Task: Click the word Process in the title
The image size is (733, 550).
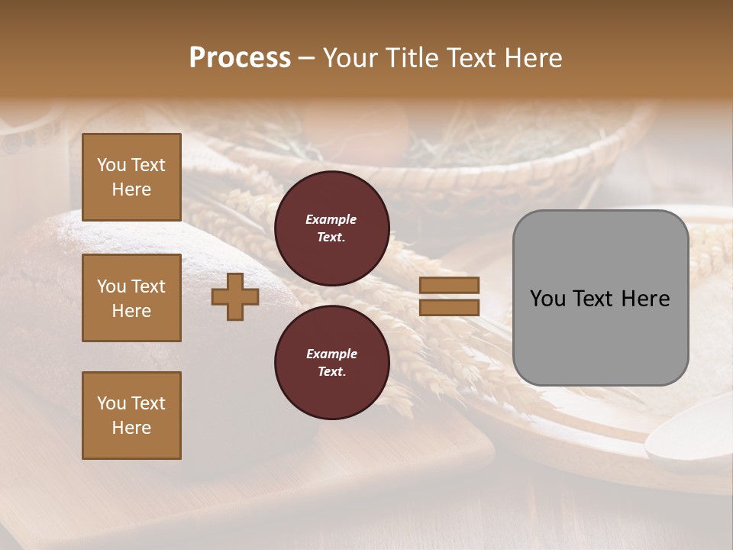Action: (240, 58)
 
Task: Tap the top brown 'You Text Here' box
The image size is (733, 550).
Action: (131, 177)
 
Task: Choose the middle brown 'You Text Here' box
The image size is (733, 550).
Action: (131, 298)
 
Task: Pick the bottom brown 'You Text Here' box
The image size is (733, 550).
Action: (131, 415)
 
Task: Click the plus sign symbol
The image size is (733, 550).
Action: (234, 296)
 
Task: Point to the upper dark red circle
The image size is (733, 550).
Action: (331, 228)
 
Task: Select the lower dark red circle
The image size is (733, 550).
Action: (331, 362)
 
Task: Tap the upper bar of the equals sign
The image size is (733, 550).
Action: (449, 286)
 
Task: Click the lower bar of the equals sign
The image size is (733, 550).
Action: (449, 307)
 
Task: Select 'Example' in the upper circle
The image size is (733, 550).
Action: (331, 219)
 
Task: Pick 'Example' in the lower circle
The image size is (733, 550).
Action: (331, 354)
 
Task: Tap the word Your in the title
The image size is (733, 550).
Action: (348, 58)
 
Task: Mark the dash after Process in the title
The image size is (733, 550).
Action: (306, 60)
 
